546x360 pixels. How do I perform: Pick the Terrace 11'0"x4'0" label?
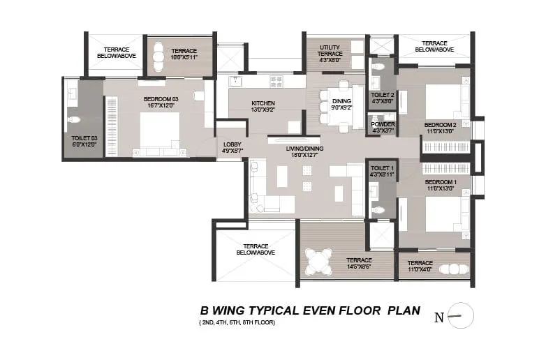pyautogui.click(x=420, y=267)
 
